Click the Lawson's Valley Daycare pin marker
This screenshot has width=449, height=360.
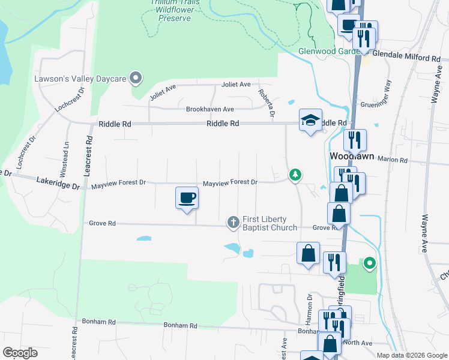click(x=136, y=78)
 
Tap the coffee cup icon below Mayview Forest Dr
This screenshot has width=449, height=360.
click(x=187, y=197)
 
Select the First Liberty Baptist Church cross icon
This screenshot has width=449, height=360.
click(x=234, y=223)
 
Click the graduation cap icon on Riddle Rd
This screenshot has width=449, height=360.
click(x=311, y=120)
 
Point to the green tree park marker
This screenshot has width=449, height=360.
click(x=295, y=175)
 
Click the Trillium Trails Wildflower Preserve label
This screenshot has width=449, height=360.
click(x=175, y=11)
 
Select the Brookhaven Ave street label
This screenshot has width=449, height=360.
click(x=209, y=109)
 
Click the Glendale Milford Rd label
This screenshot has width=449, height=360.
click(x=406, y=58)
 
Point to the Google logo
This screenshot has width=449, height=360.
click(x=20, y=353)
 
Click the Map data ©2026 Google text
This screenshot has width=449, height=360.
click(x=411, y=355)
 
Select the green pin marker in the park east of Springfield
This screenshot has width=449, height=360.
click(x=370, y=262)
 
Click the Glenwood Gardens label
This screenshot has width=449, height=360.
click(x=327, y=51)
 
